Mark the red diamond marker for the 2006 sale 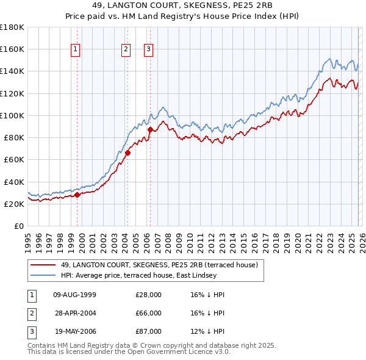(x=150, y=129)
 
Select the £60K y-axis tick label (x=14, y=160)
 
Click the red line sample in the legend (x=43, y=265)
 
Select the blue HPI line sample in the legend (x=43, y=275)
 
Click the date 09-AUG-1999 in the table (x=74, y=295)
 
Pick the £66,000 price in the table (x=148, y=313)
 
